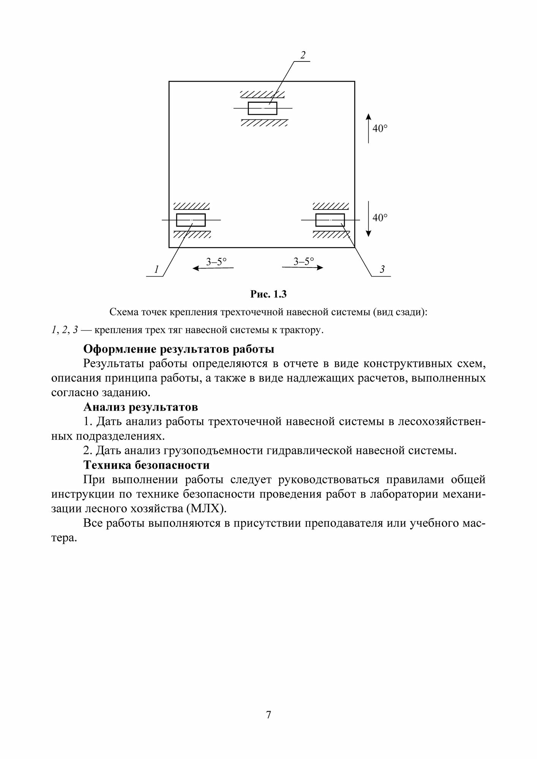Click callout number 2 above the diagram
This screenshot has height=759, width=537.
click(x=303, y=55)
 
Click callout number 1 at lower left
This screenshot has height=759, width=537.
click(x=156, y=270)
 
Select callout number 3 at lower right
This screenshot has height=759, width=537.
click(x=382, y=269)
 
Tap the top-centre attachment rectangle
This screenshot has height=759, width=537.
click(x=262, y=108)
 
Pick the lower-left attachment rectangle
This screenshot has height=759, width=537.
click(x=191, y=220)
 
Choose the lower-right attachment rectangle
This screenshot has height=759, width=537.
click(x=330, y=220)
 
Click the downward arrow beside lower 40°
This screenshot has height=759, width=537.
click(x=368, y=219)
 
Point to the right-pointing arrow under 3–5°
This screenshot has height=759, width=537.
click(x=303, y=268)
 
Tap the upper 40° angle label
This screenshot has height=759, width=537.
click(x=380, y=129)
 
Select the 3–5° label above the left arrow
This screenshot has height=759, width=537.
click(x=216, y=261)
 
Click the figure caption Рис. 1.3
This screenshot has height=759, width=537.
click(x=268, y=294)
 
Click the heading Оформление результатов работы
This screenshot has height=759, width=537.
click(x=178, y=349)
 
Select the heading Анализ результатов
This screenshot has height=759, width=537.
click(x=141, y=407)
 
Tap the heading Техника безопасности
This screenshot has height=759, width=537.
click(x=146, y=465)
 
